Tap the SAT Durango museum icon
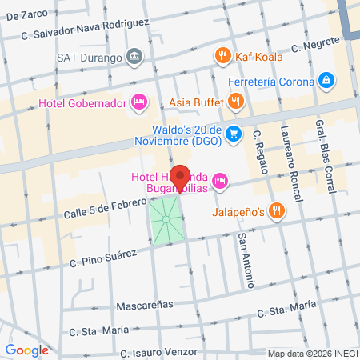134,57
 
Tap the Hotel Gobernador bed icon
139,102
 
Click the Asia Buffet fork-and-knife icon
234,102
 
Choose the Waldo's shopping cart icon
233,133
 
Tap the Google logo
26,350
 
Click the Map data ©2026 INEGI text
312,354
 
